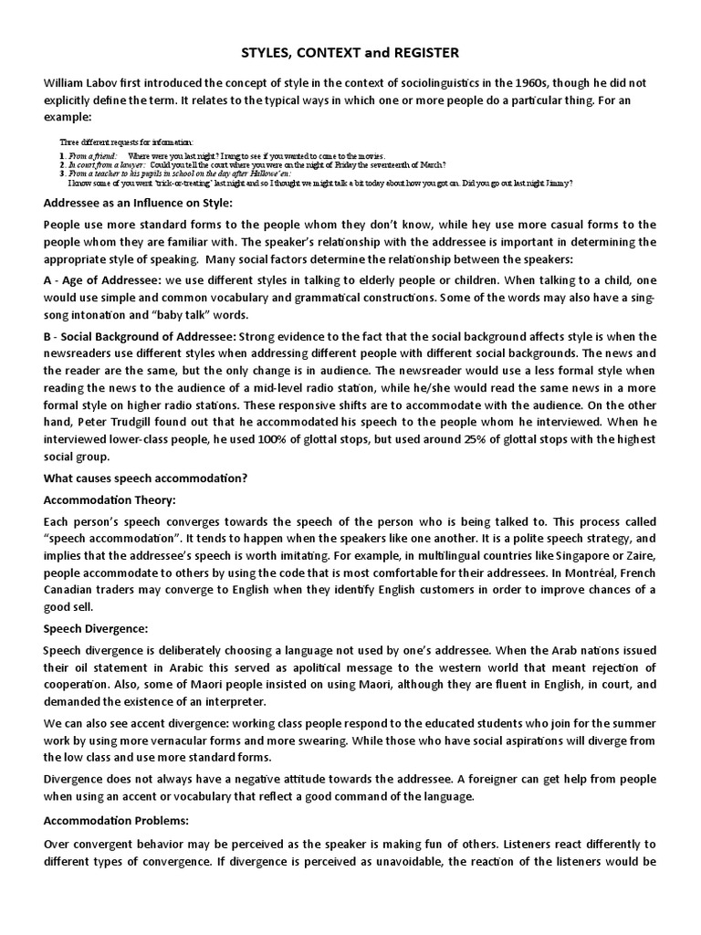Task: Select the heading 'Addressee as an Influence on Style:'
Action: coord(138,202)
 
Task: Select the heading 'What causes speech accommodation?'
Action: coord(145,478)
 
